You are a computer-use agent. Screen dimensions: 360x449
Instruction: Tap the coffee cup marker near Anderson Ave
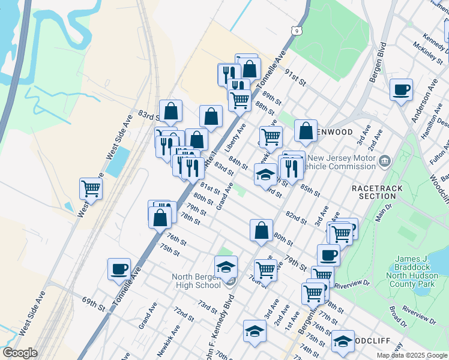(x=400, y=90)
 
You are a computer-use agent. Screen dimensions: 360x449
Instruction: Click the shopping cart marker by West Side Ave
(x=91, y=188)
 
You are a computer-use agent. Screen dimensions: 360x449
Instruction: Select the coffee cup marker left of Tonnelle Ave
(x=119, y=269)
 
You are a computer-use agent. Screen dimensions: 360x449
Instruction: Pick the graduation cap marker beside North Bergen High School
(x=226, y=266)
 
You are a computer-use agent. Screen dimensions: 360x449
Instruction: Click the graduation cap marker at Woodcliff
(x=343, y=341)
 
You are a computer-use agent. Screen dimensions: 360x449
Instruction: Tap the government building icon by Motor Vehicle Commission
(x=385, y=161)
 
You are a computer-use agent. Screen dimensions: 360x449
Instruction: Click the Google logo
(x=20, y=353)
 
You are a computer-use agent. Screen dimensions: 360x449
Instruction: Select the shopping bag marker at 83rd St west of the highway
(x=171, y=110)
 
